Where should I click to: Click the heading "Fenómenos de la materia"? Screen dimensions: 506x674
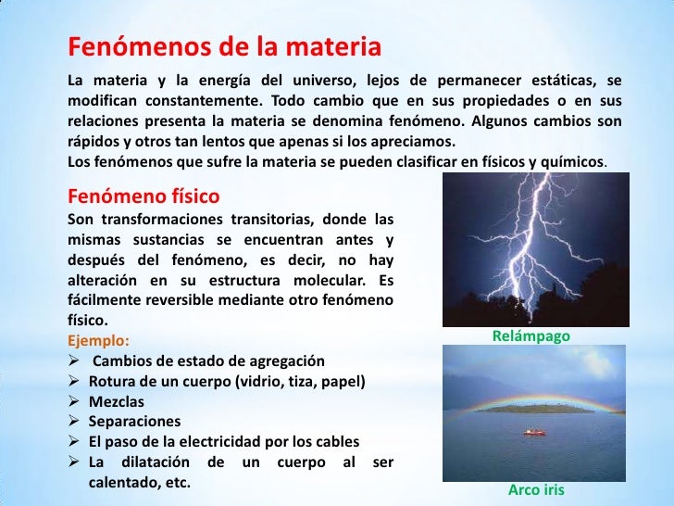tap(224, 47)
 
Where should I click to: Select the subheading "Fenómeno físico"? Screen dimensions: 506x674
tap(144, 196)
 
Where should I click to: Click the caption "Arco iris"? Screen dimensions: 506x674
tap(536, 489)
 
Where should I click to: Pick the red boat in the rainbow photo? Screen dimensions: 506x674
tap(533, 431)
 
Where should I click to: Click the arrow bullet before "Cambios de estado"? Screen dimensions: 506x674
tap(76, 361)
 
